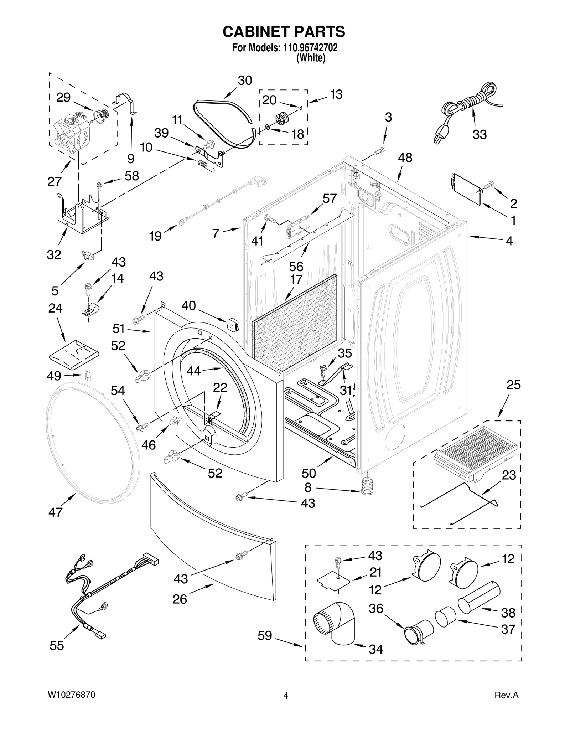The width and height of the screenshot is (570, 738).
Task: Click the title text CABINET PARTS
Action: pyautogui.click(x=284, y=32)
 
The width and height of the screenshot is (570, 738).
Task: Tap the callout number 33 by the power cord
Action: pyautogui.click(x=479, y=135)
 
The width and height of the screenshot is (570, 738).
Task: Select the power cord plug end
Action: pyautogui.click(x=437, y=137)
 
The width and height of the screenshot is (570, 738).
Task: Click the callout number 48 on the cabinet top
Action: pyautogui.click(x=405, y=158)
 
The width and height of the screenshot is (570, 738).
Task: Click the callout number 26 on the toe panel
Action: pyautogui.click(x=180, y=599)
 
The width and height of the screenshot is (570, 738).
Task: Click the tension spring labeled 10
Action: pyautogui.click(x=203, y=165)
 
